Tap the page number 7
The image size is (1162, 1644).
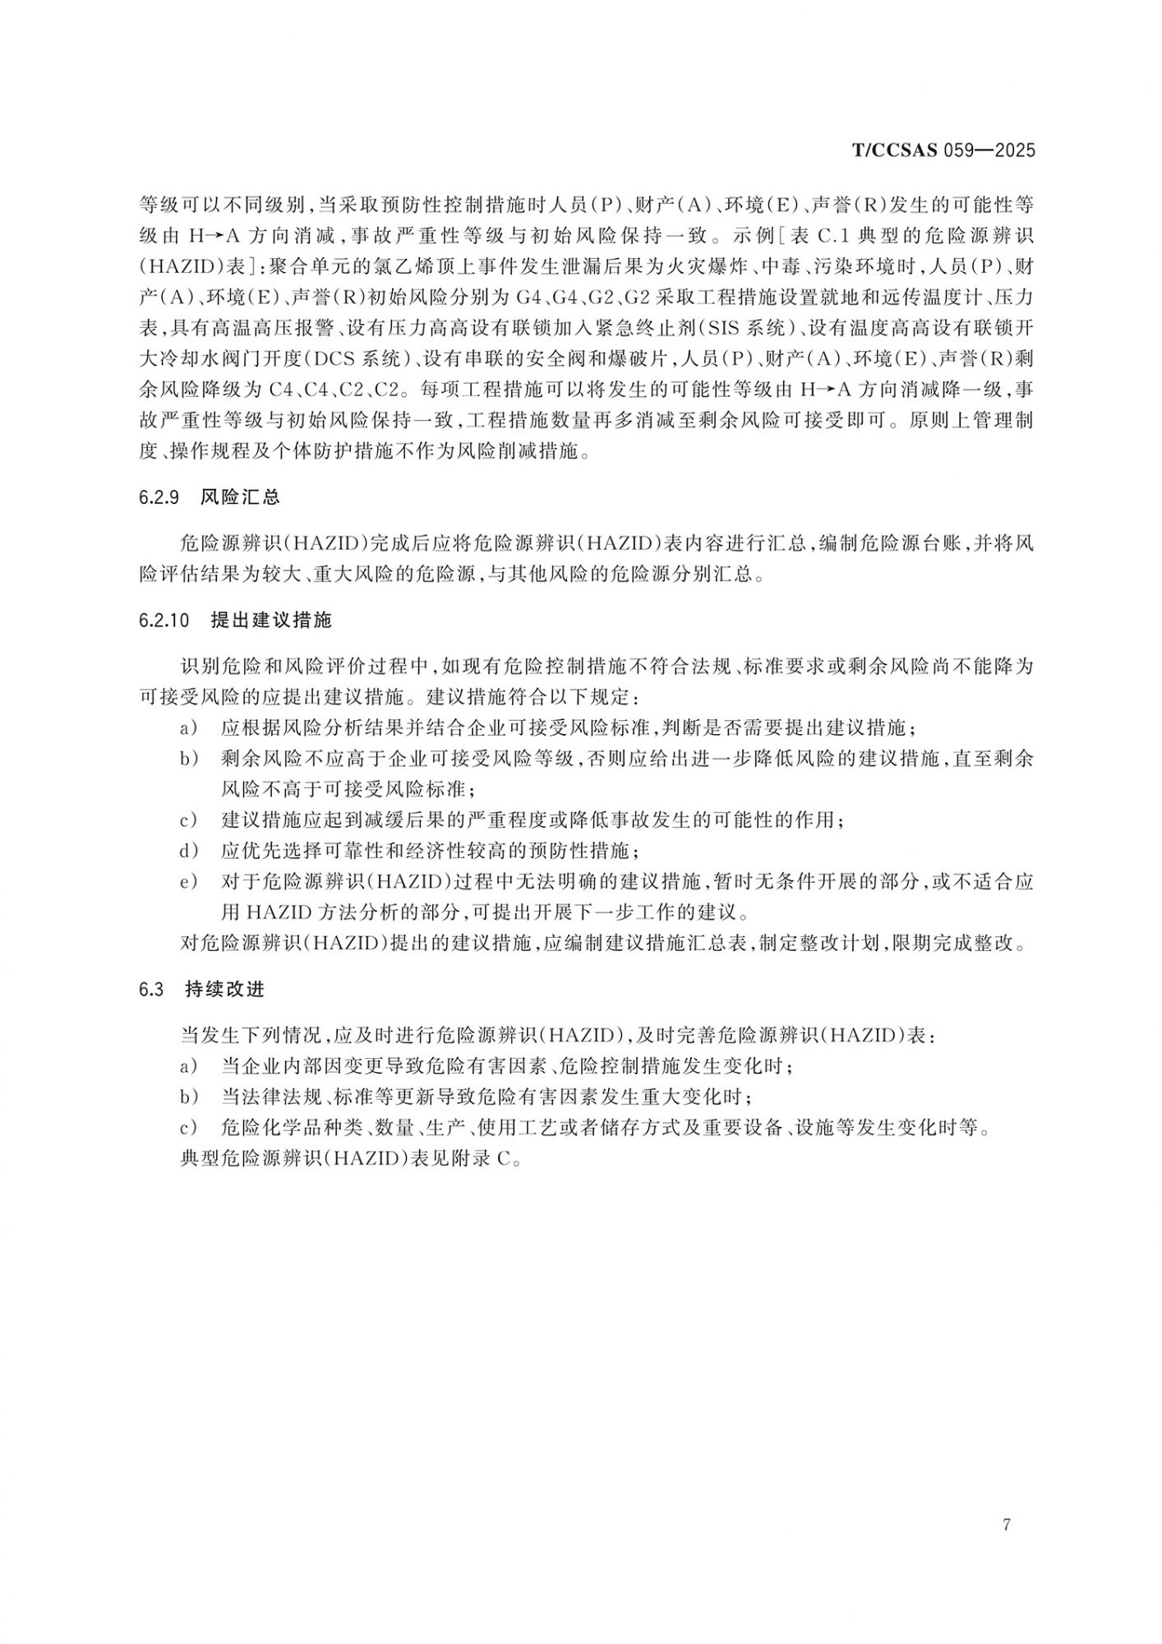pyautogui.click(x=1007, y=1525)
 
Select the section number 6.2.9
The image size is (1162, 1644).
pyautogui.click(x=160, y=497)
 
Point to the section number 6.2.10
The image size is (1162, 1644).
pyautogui.click(x=164, y=621)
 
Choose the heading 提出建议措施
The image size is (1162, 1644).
pyautogui.click(x=271, y=621)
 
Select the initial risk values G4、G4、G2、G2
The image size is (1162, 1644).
pyautogui.click(x=582, y=298)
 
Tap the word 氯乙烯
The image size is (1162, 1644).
pyautogui.click(x=403, y=267)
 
